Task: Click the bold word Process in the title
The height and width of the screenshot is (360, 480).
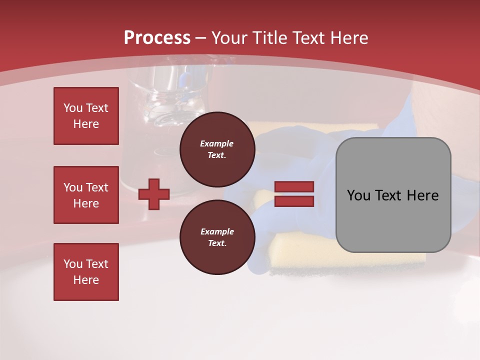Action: [x=157, y=38]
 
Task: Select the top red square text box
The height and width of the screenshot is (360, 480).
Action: [x=86, y=116]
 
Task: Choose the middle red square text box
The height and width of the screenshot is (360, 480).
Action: [x=86, y=195]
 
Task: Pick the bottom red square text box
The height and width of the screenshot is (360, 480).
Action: [x=86, y=272]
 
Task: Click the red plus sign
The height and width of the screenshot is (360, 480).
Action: [x=154, y=194]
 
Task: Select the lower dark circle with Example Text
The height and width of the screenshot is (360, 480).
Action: [x=217, y=237]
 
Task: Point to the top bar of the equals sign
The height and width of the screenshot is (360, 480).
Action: [x=294, y=187]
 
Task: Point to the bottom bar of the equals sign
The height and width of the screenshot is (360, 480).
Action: [x=294, y=201]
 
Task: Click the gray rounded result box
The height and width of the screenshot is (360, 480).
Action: [x=393, y=220]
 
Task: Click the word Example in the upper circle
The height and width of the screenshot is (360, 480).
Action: [x=217, y=143]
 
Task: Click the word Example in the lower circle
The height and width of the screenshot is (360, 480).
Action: [x=217, y=231]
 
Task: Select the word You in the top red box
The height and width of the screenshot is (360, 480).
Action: [x=73, y=108]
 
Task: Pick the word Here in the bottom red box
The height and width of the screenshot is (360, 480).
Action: [x=86, y=280]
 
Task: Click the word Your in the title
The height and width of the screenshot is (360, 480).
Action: [x=230, y=38]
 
